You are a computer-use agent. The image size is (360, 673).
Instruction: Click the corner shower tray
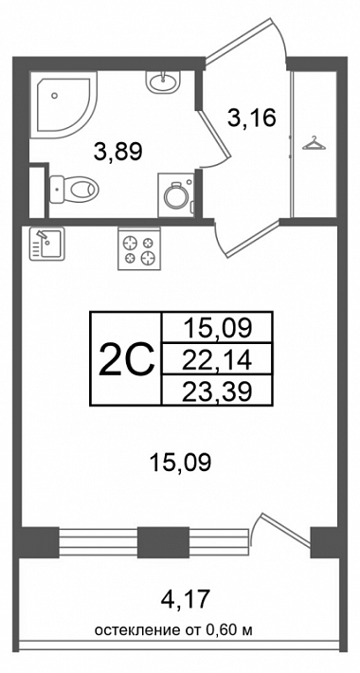point(64,105)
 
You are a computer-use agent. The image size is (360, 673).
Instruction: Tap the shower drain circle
point(54,96)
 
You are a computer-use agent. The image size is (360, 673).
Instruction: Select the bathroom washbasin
point(164,82)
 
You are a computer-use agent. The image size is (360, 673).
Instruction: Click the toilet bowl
point(74,190)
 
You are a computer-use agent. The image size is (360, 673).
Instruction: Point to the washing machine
point(176,195)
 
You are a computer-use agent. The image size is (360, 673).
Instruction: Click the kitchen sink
point(46,244)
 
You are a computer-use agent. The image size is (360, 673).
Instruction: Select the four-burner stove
point(139,250)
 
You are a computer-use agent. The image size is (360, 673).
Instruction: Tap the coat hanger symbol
point(314,143)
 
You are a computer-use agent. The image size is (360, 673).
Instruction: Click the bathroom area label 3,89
point(118,152)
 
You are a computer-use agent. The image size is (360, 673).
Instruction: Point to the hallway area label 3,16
point(251,118)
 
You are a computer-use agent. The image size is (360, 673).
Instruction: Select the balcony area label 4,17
point(186,599)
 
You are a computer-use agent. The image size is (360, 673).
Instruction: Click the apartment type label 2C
point(126,359)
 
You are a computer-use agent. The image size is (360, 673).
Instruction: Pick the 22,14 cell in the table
point(216,359)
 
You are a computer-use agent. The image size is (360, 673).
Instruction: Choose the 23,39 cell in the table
point(216,391)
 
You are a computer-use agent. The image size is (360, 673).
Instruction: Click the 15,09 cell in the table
point(216,327)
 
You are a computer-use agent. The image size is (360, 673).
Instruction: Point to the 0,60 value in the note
point(220,630)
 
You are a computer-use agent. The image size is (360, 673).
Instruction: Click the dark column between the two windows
point(164,542)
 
